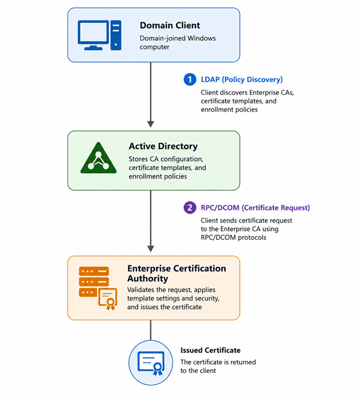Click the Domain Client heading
coord(170,25)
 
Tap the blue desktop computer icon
coord(99,35)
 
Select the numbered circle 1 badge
coord(190,79)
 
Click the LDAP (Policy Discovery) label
coord(242,80)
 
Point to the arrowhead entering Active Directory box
coord(151,124)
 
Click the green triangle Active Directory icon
coord(98,158)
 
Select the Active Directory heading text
coord(163,146)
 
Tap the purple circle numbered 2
coord(190,208)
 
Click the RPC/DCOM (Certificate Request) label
coord(255,208)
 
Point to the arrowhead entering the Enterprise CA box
coord(151,249)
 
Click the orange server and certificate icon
coord(98,288)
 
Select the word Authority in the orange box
coord(148,279)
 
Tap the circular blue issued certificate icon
coord(151,363)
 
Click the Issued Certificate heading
coord(210,350)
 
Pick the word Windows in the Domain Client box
coord(201,38)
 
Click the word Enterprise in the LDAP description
coord(265,93)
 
